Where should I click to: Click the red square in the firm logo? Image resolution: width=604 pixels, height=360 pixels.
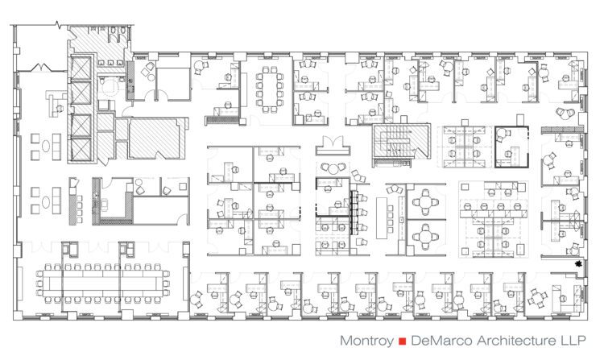click(x=403, y=341)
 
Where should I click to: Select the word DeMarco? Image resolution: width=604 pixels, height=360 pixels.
click(x=442, y=341)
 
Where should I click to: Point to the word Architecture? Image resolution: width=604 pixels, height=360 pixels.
click(x=515, y=341)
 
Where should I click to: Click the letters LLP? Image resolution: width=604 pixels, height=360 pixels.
click(x=572, y=341)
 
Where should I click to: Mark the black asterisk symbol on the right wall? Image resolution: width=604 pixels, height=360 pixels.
click(x=577, y=263)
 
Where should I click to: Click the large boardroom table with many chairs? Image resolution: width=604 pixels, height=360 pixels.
click(x=103, y=283)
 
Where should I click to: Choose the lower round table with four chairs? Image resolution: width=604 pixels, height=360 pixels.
click(x=425, y=237)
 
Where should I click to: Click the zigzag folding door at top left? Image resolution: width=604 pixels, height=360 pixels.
click(x=41, y=68)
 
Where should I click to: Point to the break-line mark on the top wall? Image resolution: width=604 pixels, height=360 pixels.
click(x=59, y=26)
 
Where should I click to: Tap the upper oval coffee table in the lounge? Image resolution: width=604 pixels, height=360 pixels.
click(x=46, y=147)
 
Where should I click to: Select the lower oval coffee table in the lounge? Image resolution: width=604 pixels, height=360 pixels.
click(x=46, y=202)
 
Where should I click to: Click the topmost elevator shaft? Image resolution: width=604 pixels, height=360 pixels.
click(x=81, y=68)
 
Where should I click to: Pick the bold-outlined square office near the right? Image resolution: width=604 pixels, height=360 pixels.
click(x=511, y=147)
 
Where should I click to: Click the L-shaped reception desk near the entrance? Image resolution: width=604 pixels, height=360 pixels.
click(x=55, y=103)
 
